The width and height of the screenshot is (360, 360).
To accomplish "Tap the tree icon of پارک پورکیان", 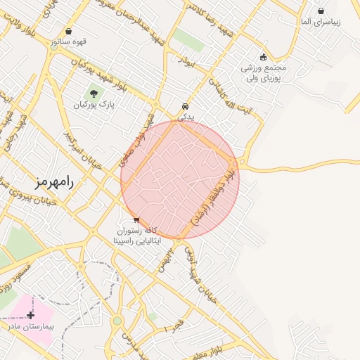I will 93,93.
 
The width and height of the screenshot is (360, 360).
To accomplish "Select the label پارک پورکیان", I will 93,105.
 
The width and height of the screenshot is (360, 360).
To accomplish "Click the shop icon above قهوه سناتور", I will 68,31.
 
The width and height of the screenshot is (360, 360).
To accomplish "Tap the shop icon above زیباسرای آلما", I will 321,11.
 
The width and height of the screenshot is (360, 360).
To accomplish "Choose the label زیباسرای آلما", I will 320,22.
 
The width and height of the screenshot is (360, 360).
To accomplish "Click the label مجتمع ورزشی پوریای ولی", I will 262,74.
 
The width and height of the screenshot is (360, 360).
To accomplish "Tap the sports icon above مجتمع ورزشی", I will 263,58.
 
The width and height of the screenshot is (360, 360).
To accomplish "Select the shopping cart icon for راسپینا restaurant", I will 136,219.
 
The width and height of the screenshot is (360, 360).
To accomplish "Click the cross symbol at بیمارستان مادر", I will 30,316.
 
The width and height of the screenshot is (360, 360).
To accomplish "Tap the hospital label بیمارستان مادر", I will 31,327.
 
